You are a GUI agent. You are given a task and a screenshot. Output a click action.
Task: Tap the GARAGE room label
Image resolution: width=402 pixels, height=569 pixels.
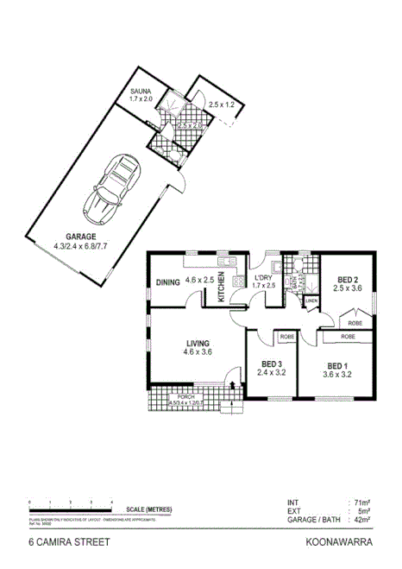[82, 237]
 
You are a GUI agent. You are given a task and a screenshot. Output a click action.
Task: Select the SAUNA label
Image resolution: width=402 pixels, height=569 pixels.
[140, 91]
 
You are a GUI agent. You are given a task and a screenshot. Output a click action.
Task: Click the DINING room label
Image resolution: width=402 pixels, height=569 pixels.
[166, 281]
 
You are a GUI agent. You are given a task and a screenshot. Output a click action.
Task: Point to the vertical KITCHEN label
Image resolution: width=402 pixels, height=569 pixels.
[221, 286]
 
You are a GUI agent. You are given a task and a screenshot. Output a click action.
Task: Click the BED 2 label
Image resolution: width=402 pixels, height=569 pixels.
[348, 280]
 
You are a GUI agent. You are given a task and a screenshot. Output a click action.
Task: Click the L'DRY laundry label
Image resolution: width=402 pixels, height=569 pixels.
[263, 277]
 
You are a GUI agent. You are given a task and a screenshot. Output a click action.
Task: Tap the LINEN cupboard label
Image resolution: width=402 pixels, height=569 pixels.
[311, 301]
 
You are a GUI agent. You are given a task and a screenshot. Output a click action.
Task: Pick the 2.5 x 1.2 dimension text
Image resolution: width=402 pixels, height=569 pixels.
[222, 104]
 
